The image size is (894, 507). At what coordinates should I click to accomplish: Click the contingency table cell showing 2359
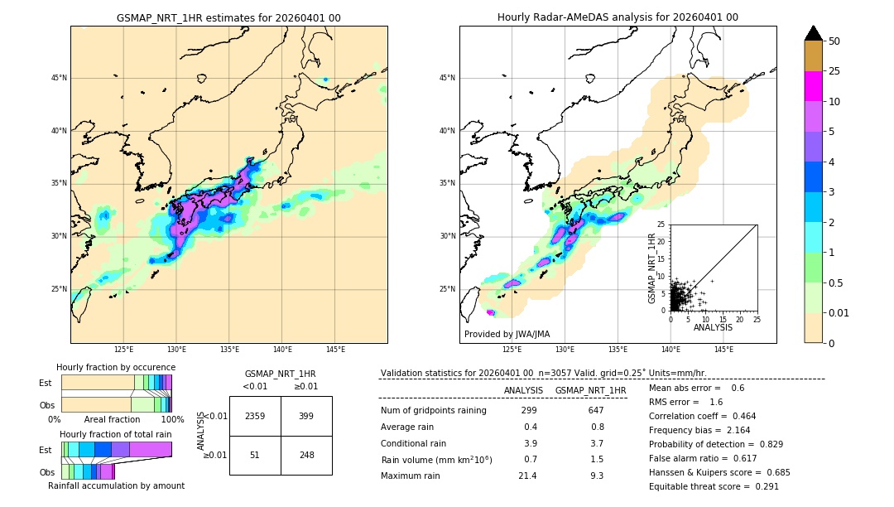255,416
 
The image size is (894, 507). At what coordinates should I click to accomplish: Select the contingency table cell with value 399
306,416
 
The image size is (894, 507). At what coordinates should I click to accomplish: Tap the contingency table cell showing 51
255,455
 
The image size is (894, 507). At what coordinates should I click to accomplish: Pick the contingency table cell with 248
306,455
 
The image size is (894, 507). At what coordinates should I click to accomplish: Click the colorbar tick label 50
834,41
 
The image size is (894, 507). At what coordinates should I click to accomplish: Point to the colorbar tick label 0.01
839,312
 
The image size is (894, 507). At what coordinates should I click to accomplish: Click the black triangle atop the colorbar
814,33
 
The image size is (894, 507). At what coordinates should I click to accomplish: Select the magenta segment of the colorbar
814,86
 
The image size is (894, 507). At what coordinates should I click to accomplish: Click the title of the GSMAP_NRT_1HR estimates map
228,17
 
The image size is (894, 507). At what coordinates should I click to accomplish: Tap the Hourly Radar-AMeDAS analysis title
618,17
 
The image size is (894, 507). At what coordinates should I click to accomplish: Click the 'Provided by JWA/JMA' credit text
507,334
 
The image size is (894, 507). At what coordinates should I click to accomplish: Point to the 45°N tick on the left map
59,78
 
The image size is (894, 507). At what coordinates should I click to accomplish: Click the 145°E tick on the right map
723,350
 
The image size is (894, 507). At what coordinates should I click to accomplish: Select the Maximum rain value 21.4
527,476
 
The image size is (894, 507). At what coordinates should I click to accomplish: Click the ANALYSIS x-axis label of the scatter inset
713,327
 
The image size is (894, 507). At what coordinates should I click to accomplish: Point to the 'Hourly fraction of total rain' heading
116,434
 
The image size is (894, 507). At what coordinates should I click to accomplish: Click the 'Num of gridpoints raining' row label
434,410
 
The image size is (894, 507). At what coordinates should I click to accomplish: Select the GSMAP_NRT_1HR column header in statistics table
590,390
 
